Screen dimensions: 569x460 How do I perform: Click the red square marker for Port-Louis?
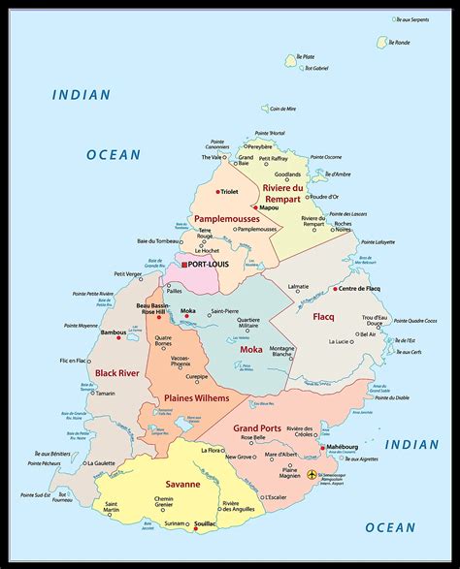(181, 264)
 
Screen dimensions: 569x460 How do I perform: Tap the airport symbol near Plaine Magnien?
(312, 475)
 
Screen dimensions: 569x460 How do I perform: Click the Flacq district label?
(322, 317)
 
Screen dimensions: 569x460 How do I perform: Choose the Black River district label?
(118, 372)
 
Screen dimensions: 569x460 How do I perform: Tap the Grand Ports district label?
(257, 427)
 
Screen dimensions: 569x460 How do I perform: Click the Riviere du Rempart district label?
(283, 193)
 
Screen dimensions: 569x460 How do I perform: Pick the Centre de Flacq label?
(359, 288)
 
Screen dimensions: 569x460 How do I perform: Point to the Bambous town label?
(114, 332)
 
